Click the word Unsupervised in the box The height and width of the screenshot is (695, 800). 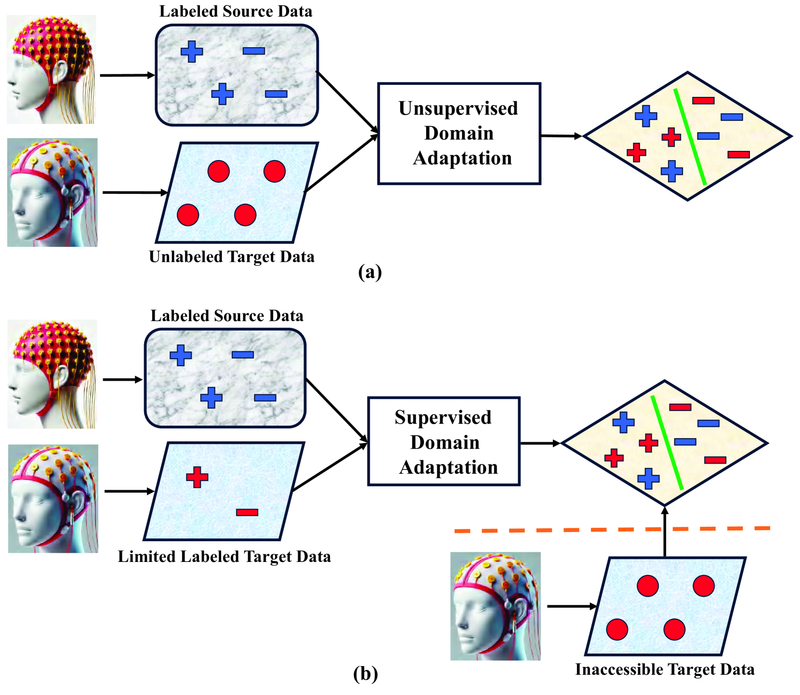click(x=459, y=109)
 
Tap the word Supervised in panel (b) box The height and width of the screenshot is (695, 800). click(x=443, y=418)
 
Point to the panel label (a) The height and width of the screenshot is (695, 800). click(x=370, y=272)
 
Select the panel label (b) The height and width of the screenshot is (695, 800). click(x=365, y=673)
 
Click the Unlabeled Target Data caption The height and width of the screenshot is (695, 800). click(x=232, y=257)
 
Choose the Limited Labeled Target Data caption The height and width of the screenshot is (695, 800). click(x=224, y=557)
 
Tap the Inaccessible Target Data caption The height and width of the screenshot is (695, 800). click(x=665, y=669)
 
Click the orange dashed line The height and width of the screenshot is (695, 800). click(x=613, y=530)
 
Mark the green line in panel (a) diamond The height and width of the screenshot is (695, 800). click(x=690, y=136)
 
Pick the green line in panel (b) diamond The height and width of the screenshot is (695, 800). click(x=667, y=443)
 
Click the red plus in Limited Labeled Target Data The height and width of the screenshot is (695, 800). click(x=197, y=477)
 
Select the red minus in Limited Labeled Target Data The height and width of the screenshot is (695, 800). click(x=247, y=512)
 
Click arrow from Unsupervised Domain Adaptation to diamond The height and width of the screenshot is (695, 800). click(x=562, y=136)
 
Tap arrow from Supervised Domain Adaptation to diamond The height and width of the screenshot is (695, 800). click(x=540, y=443)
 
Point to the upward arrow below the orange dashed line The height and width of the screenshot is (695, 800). click(x=665, y=532)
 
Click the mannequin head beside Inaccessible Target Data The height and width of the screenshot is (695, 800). click(x=496, y=606)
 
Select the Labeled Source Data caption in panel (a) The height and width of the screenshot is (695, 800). click(x=236, y=12)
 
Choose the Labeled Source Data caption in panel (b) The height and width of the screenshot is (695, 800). click(x=227, y=316)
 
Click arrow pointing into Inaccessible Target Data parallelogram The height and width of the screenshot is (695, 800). click(x=572, y=606)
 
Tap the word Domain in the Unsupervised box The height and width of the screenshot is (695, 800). click(x=459, y=134)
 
